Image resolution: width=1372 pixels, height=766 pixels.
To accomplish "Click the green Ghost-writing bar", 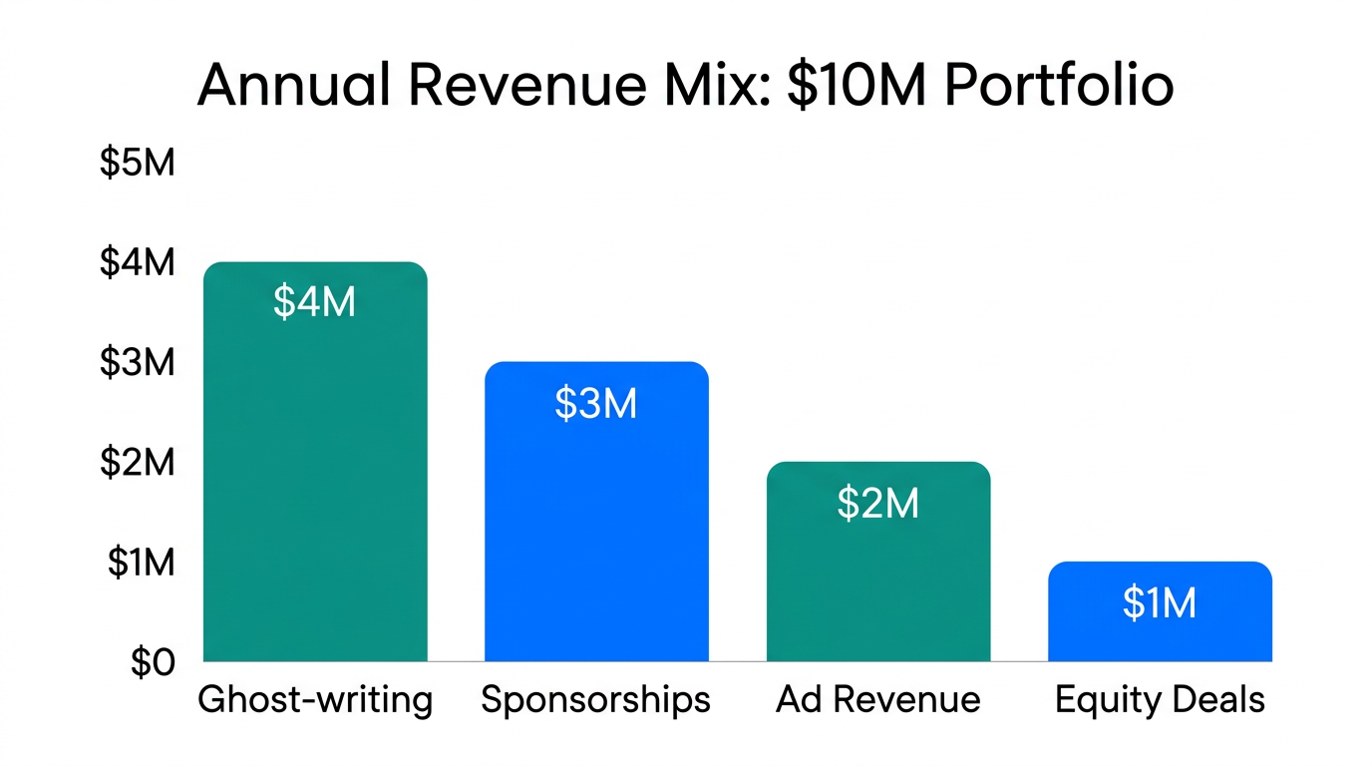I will coord(315,479).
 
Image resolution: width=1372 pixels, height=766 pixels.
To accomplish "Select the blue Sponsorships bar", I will coord(596,529).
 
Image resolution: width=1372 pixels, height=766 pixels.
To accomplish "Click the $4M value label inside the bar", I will coord(315,302).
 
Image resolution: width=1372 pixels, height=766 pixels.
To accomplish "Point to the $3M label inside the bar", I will coord(596,403).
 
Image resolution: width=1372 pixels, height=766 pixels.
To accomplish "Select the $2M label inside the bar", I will coord(877,504).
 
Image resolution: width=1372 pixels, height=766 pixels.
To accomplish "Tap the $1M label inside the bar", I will coord(1160,603).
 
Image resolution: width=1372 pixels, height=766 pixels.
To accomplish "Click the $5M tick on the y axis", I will coord(138,162).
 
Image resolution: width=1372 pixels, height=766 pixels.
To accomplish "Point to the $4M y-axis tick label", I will coord(138,262).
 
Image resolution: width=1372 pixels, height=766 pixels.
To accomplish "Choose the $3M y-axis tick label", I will coord(138,363).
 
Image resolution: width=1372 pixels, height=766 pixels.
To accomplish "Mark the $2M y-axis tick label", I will coord(138,463).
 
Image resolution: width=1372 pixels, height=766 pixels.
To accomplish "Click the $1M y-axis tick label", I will coord(140,564).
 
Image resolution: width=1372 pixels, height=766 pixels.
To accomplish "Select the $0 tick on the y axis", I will coord(153,663).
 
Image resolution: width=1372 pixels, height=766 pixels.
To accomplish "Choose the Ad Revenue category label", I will coord(877,700).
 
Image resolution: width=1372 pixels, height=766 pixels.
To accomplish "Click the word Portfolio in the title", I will coord(1058,87).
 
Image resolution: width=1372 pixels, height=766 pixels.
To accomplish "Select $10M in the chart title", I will coord(858,87).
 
